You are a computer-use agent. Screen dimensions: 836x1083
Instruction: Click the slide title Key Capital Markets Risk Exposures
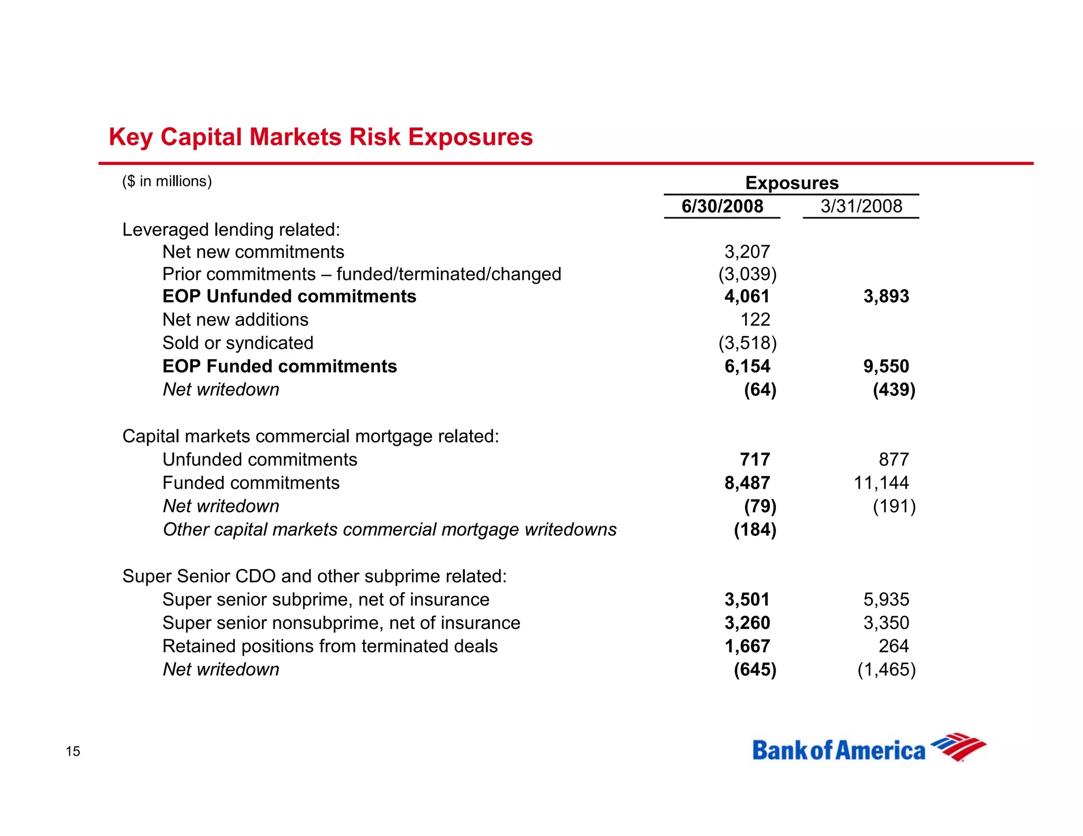(x=320, y=137)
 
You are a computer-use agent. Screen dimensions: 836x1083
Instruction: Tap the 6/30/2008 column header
(x=722, y=206)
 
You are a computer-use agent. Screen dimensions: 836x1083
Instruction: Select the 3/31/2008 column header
(x=861, y=206)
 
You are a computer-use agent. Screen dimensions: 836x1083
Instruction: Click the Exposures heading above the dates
(x=792, y=183)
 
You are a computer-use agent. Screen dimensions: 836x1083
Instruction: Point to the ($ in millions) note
(x=167, y=181)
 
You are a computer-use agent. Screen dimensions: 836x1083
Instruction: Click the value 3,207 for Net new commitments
(x=747, y=252)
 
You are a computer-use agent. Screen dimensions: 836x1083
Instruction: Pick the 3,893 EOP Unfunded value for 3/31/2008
(x=886, y=296)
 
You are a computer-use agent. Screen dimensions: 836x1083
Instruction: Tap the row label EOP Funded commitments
(x=279, y=366)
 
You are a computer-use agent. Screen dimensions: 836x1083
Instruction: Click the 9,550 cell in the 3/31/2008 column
(x=886, y=366)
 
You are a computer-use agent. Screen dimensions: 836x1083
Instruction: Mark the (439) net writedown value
(x=894, y=390)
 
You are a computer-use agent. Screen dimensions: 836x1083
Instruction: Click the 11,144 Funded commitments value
(x=881, y=483)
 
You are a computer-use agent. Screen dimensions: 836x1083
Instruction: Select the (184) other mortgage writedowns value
(x=755, y=530)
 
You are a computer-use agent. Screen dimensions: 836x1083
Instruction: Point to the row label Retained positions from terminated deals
(x=330, y=646)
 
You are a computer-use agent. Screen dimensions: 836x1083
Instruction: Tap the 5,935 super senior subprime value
(x=886, y=600)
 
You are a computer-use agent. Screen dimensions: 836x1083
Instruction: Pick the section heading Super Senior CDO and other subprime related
(x=315, y=576)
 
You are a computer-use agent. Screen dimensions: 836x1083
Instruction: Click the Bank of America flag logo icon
(x=958, y=747)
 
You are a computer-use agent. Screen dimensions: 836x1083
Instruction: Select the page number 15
(x=73, y=751)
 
